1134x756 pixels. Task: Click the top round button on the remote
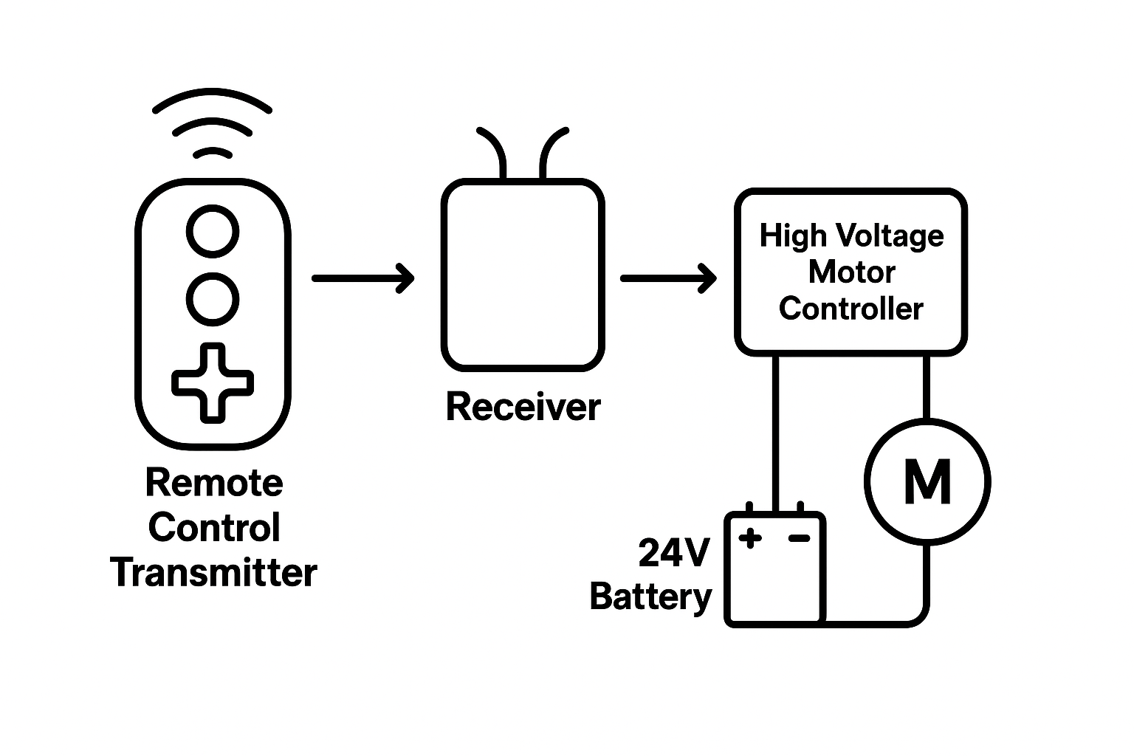click(213, 232)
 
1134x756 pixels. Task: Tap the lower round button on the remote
click(213, 299)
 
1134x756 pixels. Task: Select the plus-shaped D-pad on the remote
click(213, 382)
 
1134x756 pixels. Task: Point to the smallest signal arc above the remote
click(213, 152)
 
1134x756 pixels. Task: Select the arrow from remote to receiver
click(362, 278)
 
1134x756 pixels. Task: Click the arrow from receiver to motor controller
click(667, 278)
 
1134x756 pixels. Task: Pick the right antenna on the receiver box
click(552, 151)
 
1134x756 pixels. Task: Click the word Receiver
click(523, 407)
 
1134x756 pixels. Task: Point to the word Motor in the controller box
click(851, 272)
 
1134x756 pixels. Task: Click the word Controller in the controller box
click(851, 309)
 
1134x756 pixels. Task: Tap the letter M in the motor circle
click(927, 481)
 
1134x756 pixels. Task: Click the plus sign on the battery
click(750, 538)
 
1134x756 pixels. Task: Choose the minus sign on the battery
click(799, 538)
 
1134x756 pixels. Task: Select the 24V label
click(673, 553)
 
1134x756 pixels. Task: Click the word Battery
click(650, 597)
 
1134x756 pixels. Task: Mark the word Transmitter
click(214, 573)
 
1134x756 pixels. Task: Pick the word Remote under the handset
click(214, 483)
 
